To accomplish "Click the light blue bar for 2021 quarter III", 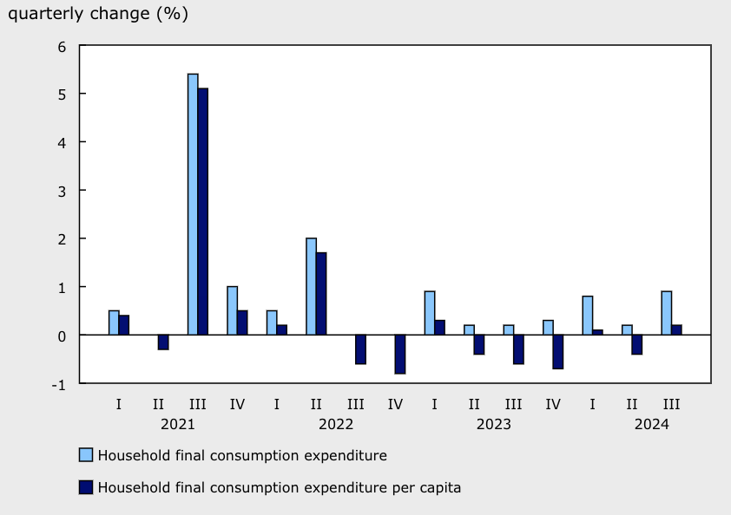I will [x=193, y=204].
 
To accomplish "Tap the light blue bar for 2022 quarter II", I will [x=311, y=286].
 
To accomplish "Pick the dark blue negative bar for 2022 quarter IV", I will [x=400, y=354].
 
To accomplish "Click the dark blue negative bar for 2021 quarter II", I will [x=163, y=342].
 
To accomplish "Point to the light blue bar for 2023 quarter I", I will [x=430, y=313].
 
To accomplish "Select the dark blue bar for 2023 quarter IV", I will [x=558, y=351].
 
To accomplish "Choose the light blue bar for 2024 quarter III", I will [x=666, y=313].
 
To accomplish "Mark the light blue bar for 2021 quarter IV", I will [x=232, y=310].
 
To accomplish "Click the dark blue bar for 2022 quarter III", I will [x=360, y=349].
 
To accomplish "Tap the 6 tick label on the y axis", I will [x=62, y=45].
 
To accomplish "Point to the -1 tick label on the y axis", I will [x=58, y=383].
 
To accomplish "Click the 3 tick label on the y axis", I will [x=62, y=190].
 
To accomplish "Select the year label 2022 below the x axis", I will [x=336, y=425].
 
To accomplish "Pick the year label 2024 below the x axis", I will [x=651, y=425].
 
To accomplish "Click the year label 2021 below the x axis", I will [x=177, y=425].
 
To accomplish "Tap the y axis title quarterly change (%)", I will [x=98, y=15].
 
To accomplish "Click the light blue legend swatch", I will [x=85, y=455].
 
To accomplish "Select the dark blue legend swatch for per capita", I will [x=85, y=487].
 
